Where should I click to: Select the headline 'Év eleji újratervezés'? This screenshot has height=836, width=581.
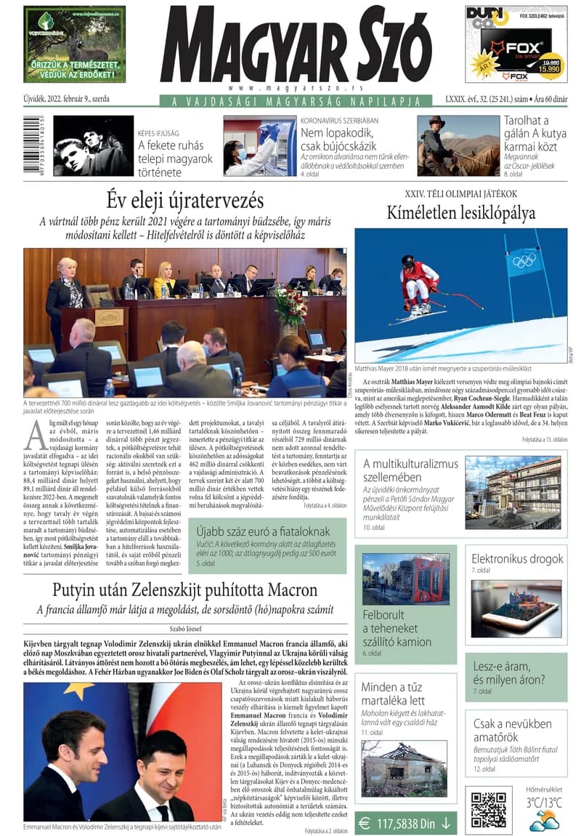point(184,198)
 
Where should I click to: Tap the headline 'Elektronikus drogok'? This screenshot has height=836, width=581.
point(517,558)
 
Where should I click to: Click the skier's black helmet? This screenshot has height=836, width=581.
point(408,261)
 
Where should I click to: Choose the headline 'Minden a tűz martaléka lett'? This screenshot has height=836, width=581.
point(393,694)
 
